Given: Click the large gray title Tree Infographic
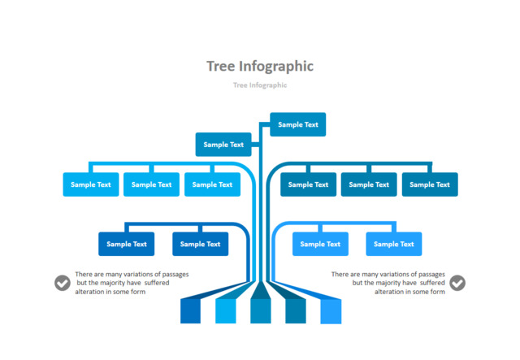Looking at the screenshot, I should click(x=259, y=66).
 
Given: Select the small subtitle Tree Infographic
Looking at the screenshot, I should click(x=259, y=85).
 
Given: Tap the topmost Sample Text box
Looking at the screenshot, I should click(x=297, y=124).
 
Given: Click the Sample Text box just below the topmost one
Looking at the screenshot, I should click(x=223, y=145).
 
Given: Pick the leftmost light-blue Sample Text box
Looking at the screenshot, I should click(x=91, y=184).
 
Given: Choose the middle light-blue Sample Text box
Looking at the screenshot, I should click(x=151, y=184).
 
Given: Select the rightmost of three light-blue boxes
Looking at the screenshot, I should click(x=212, y=184).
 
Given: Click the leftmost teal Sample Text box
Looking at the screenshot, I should click(x=309, y=184).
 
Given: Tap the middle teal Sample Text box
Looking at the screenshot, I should click(x=369, y=184).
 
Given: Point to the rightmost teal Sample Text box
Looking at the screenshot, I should click(x=430, y=184).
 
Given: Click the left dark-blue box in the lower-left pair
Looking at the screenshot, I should click(x=126, y=244).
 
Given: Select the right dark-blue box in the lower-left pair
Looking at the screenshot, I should click(x=200, y=244).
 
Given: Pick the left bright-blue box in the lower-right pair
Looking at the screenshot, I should click(x=320, y=244).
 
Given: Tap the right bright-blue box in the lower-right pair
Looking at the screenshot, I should click(x=394, y=244).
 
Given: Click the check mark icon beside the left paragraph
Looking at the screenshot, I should click(x=63, y=283).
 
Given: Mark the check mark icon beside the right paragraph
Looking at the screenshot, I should click(x=457, y=283).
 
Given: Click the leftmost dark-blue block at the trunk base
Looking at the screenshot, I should click(x=190, y=310).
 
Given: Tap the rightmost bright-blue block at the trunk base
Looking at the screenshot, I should click(x=331, y=310).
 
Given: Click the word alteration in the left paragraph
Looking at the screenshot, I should click(x=93, y=292).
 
